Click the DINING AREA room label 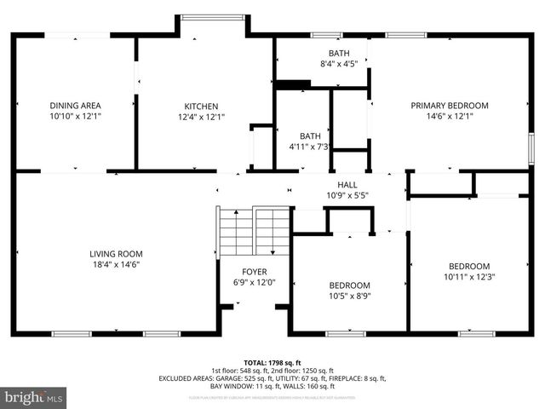(75, 106)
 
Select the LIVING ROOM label (116, 254)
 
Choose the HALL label (347, 185)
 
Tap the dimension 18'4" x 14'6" (116, 265)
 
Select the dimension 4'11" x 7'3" (309, 147)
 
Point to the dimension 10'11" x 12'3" (469, 276)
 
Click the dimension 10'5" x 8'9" (350, 296)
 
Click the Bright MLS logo (34, 397)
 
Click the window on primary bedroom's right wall (531, 147)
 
